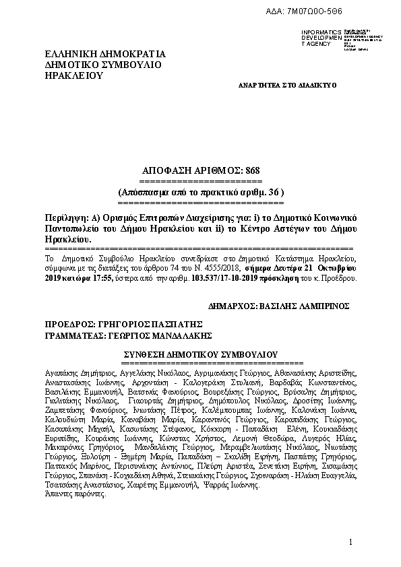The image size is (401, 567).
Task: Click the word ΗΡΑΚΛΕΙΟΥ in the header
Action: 73,76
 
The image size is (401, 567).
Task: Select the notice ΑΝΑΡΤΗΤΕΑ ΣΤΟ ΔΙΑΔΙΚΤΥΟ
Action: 287,86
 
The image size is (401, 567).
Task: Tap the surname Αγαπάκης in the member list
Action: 62,372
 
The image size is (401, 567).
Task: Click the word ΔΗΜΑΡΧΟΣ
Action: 236,305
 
